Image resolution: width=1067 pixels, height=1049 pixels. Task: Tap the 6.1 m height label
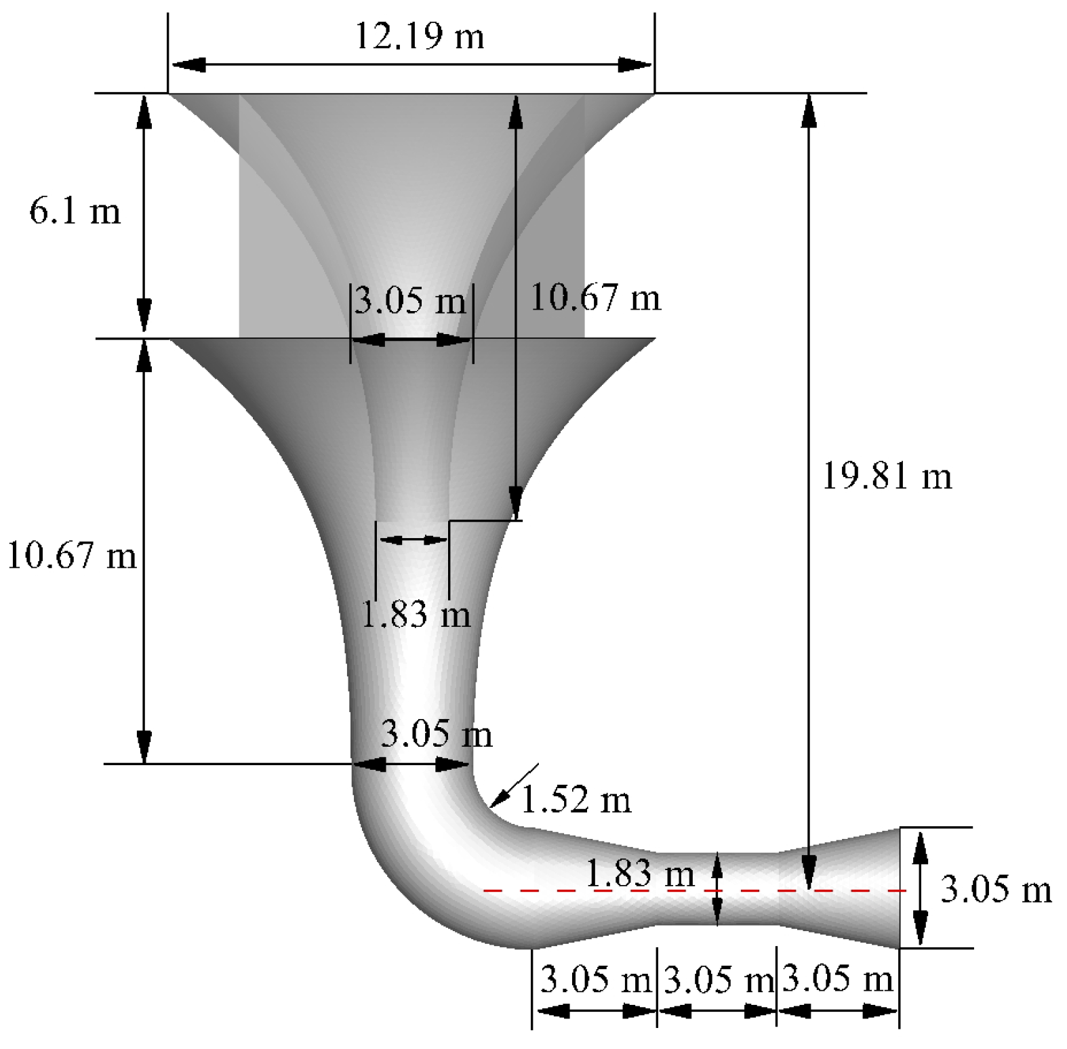click(75, 211)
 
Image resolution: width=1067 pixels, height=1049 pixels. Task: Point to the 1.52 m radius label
click(576, 800)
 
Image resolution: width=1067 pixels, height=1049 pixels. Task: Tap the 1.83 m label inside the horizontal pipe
click(639, 873)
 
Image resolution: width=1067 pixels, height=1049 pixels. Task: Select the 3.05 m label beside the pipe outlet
click(996, 889)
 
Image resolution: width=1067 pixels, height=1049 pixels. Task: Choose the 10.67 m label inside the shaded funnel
click(595, 297)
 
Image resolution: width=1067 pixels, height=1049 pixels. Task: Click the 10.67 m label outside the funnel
click(71, 556)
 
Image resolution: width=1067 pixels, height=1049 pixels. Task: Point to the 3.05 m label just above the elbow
click(436, 734)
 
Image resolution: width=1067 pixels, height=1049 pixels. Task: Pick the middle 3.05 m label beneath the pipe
click(718, 980)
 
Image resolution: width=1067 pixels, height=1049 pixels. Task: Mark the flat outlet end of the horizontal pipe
click(899, 888)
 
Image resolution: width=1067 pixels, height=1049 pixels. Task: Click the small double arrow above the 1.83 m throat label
click(412, 539)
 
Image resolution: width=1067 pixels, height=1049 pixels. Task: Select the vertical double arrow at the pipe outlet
click(919, 888)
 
